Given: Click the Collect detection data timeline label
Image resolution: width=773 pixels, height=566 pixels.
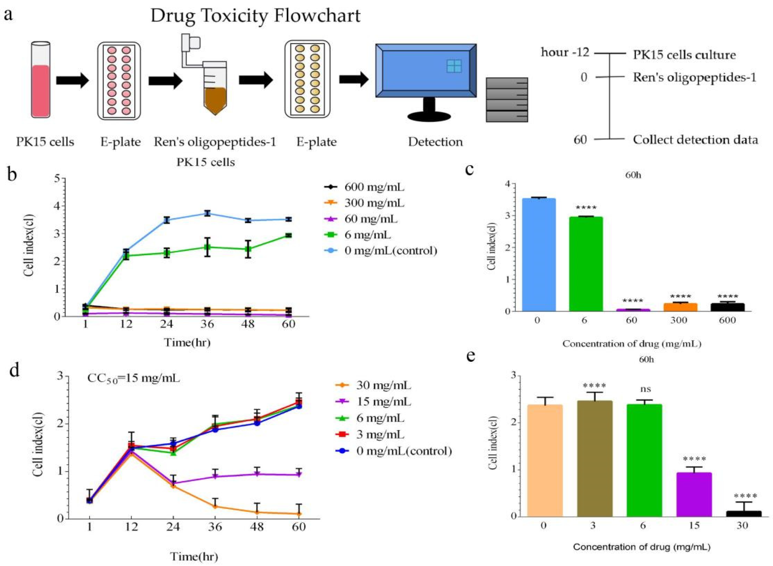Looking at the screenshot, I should [695, 140].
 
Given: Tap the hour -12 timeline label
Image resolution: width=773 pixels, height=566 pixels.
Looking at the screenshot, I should [565, 53].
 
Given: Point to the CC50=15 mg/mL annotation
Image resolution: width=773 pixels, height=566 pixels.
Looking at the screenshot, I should [133, 379].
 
